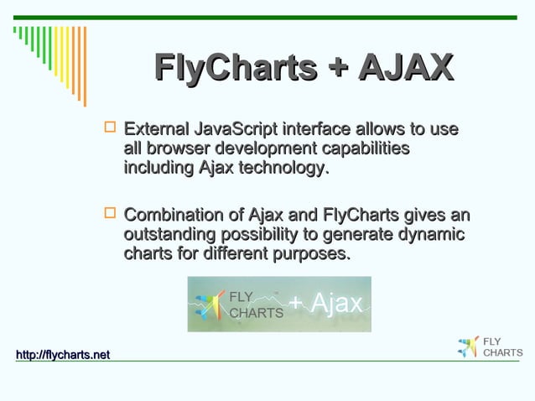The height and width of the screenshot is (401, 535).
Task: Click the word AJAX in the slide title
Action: [405, 68]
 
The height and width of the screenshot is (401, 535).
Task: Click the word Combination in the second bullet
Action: [170, 215]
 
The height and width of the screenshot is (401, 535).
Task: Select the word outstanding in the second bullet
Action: [168, 234]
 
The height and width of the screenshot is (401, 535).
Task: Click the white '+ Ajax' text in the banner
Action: [327, 303]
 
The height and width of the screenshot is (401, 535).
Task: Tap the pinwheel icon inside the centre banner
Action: [210, 305]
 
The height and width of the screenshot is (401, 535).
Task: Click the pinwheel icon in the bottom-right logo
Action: [468, 346]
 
